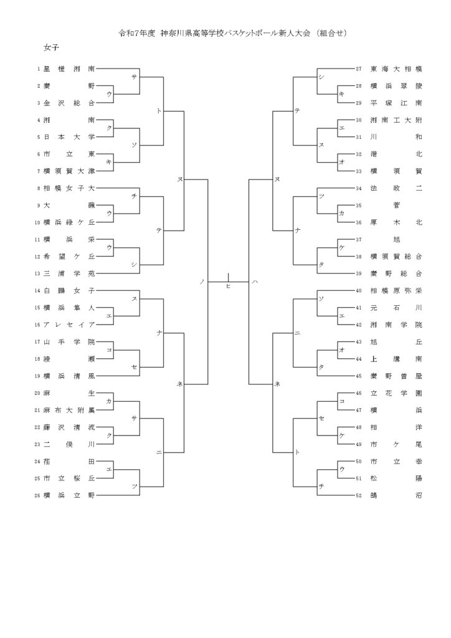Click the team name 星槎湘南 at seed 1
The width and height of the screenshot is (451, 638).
69,69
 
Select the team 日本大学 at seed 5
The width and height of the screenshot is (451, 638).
69,136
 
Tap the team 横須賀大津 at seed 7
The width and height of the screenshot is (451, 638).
69,171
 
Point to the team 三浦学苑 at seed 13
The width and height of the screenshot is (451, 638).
69,273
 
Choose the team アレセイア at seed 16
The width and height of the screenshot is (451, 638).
69,325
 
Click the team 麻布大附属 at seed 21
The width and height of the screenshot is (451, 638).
69,410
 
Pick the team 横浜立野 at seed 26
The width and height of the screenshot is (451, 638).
69,495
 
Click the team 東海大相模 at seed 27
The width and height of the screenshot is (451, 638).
396,69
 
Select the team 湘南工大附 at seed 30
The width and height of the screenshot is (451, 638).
396,120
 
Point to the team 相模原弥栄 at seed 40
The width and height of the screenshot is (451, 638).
396,290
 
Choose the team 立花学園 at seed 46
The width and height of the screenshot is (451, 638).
396,393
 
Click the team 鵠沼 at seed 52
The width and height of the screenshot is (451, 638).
396,495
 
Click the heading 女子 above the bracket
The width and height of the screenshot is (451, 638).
52,47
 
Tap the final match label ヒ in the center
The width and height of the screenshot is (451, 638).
228,286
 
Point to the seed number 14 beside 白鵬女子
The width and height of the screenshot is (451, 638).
38,290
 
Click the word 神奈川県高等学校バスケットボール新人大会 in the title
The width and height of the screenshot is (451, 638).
235,32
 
